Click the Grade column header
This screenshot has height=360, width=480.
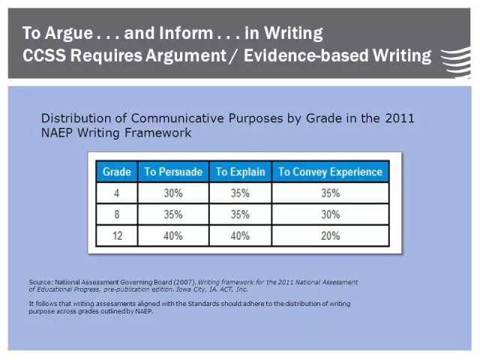pyautogui.click(x=117, y=172)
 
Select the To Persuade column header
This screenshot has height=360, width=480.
pyautogui.click(x=173, y=172)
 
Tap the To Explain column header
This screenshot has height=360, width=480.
pyautogui.click(x=240, y=172)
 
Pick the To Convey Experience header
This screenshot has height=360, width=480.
pyautogui.click(x=330, y=172)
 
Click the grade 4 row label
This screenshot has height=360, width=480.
pyautogui.click(x=117, y=193)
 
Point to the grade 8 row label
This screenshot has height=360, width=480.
pyautogui.click(x=117, y=214)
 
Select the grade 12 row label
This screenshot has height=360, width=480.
pyautogui.click(x=117, y=235)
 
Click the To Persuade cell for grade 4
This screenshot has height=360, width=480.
pyautogui.click(x=173, y=193)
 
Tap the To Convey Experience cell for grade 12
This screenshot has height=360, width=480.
pyautogui.click(x=330, y=235)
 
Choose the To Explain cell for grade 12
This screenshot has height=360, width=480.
pyautogui.click(x=240, y=235)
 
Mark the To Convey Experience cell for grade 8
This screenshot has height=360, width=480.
pyautogui.click(x=330, y=214)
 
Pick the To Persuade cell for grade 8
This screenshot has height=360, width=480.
pyautogui.click(x=173, y=214)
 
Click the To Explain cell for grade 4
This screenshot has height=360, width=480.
pyautogui.click(x=240, y=193)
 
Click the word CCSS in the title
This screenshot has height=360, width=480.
pyautogui.click(x=44, y=55)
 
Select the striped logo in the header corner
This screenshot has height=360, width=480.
pyautogui.click(x=455, y=62)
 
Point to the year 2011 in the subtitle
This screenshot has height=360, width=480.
pyautogui.click(x=400, y=118)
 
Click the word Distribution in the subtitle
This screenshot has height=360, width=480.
pyautogui.click(x=76, y=118)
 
